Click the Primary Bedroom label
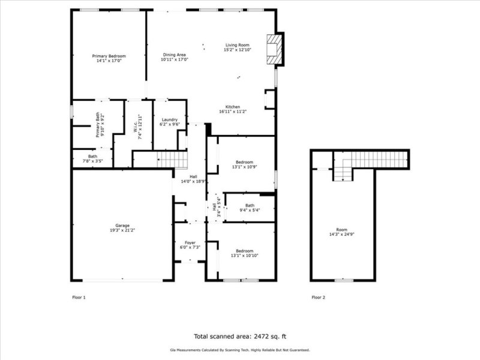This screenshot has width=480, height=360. point(108,55)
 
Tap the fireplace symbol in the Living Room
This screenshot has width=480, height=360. point(275,48)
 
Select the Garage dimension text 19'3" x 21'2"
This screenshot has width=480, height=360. point(122,230)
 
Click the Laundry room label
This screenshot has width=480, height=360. point(170,119)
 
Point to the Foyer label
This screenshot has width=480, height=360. point(190,242)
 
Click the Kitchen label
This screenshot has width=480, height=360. point(233,107)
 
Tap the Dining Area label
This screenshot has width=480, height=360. point(175,55)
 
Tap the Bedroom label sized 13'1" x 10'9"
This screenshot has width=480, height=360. point(244,162)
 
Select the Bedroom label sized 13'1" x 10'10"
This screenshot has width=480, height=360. point(244,250)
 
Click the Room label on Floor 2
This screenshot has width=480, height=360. point(341,230)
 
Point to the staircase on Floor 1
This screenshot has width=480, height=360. point(167,160)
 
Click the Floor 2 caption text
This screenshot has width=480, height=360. point(319,297)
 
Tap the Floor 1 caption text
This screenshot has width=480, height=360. point(79,297)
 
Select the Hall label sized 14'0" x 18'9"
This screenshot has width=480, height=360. point(194,176)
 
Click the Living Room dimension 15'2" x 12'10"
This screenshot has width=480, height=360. point(237,50)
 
